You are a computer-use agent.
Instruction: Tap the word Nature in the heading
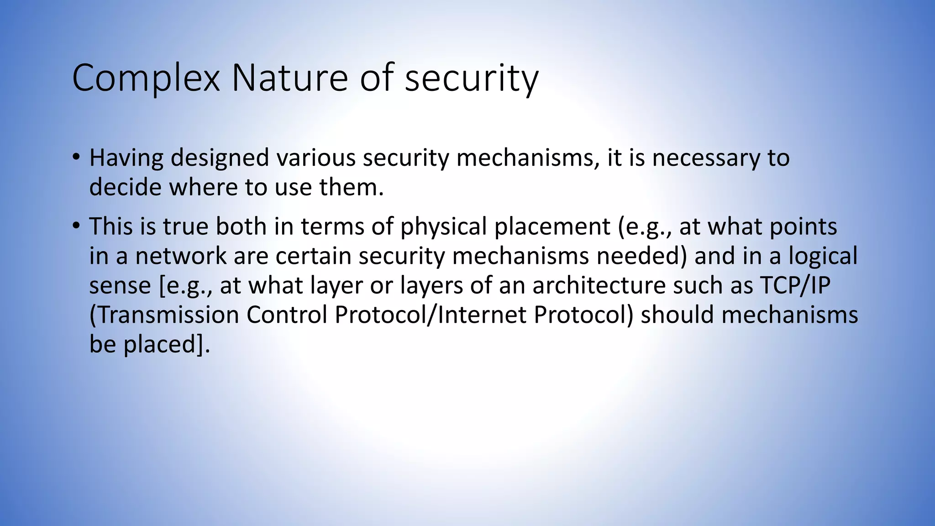[290, 79]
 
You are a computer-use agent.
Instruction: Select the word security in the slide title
[472, 79]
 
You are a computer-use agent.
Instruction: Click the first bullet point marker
[76, 158]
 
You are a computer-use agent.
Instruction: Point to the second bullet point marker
[76, 226]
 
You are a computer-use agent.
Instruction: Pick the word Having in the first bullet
[126, 158]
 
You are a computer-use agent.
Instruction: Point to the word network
[181, 256]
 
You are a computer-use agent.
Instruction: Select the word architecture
[599, 285]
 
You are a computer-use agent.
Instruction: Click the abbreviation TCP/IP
[795, 285]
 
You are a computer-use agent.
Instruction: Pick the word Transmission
[164, 315]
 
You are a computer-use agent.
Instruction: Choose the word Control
[287, 315]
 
